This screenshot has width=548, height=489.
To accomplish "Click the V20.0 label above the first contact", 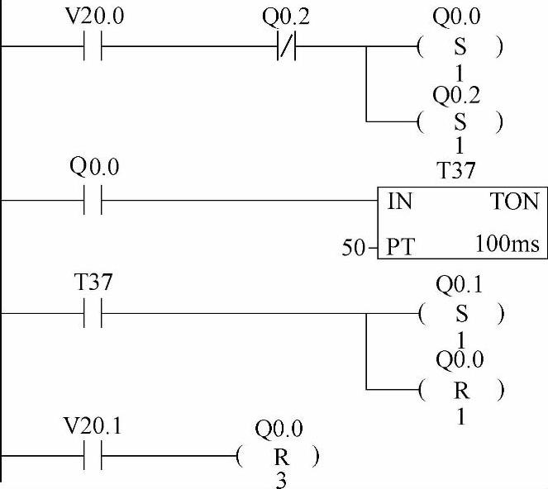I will [x=93, y=17].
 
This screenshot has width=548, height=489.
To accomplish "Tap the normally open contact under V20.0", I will [x=93, y=48].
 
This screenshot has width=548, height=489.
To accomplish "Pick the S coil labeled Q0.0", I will [x=460, y=48].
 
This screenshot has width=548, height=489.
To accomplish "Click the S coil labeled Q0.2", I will [x=460, y=122].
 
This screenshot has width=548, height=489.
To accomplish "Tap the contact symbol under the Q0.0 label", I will [x=93, y=201].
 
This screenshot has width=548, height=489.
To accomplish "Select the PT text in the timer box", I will [x=400, y=245].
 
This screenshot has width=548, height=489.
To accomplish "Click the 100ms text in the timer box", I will [x=507, y=244].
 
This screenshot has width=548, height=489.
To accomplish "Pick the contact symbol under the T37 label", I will [x=93, y=313].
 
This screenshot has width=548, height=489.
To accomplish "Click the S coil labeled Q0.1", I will [x=460, y=313].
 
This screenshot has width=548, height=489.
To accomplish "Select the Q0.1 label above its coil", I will [x=460, y=286].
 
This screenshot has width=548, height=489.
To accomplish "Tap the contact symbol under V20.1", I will [x=93, y=456].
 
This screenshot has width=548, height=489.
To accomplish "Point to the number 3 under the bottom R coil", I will [x=280, y=479].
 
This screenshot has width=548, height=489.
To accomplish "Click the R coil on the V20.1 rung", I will [x=278, y=456].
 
